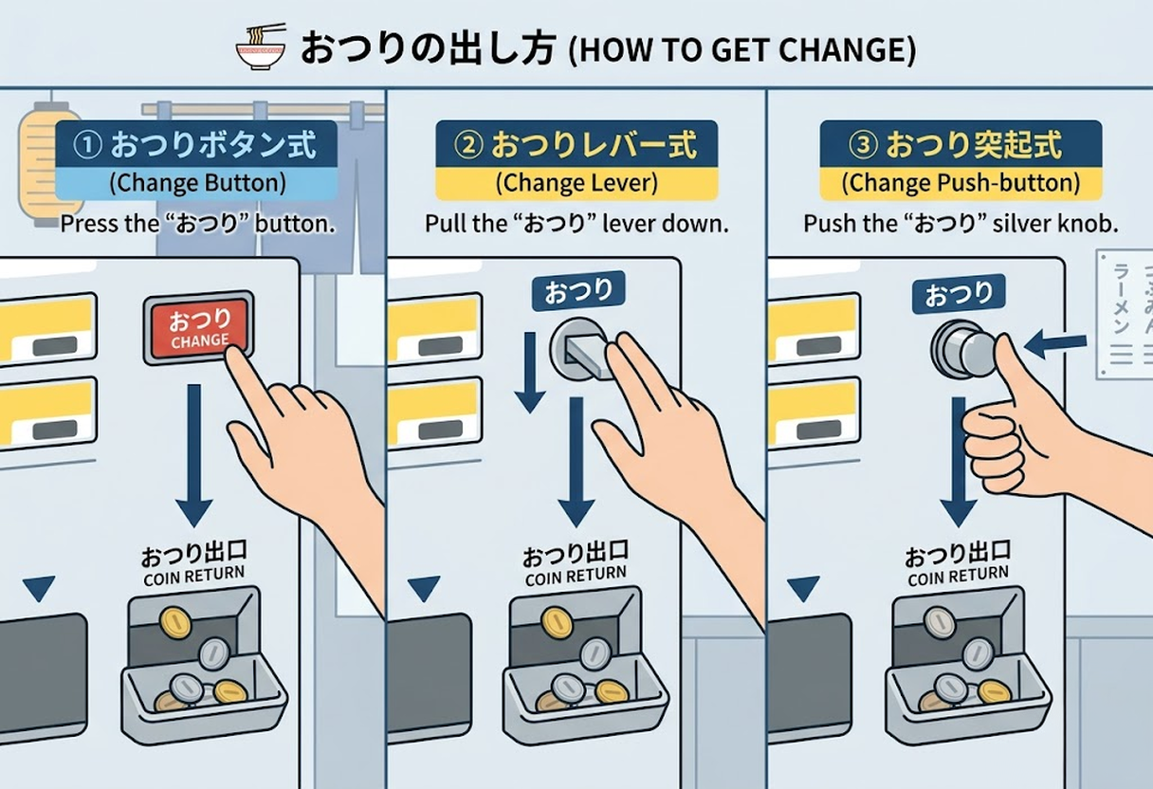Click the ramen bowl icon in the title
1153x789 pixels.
[x=261, y=47]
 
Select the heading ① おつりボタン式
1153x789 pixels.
[x=196, y=145]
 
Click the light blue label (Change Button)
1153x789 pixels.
[x=196, y=182]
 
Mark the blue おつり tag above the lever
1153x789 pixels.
[x=577, y=290]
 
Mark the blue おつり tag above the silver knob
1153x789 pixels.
[x=958, y=293]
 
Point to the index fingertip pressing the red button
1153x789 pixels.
[x=237, y=358]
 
